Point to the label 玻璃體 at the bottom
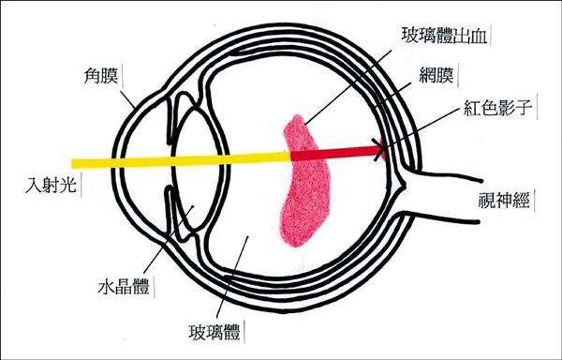(x=204, y=334)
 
